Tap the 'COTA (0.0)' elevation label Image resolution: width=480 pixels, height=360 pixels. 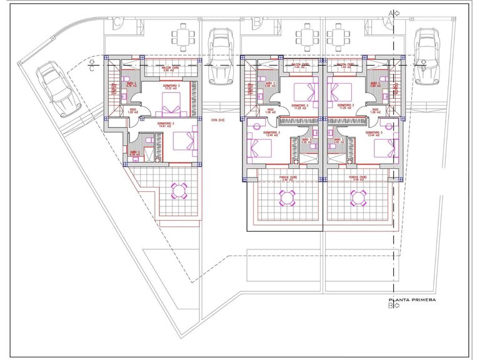click(217, 120)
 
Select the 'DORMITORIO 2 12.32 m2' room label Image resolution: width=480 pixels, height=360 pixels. click(171, 87)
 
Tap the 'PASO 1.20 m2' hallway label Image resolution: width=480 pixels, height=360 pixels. click(133, 110)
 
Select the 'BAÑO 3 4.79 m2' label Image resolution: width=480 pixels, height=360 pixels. click(134, 152)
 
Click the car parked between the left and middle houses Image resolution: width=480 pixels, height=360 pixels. click(219, 54)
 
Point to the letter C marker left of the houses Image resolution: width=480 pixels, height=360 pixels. click(92, 69)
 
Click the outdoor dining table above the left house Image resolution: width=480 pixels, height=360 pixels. click(182, 36)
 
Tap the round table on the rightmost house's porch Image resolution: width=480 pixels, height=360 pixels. click(359, 198)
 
